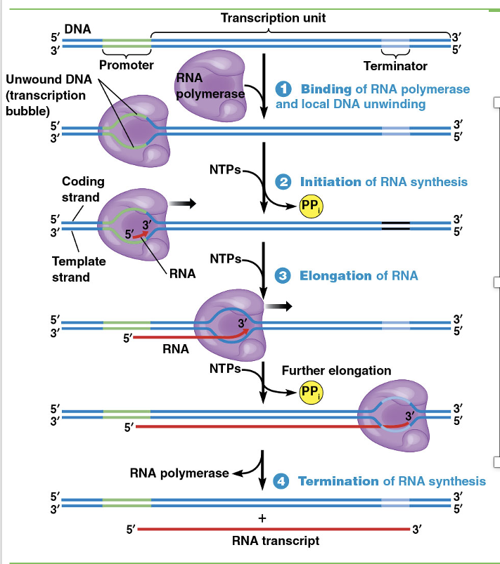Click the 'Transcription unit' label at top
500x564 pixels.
click(x=273, y=18)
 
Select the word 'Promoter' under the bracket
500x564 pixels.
click(x=127, y=66)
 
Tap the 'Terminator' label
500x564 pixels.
click(x=395, y=66)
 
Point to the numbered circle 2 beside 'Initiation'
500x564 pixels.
click(x=284, y=182)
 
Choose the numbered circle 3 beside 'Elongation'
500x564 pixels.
click(x=284, y=275)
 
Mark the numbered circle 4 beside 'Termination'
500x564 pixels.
click(x=282, y=481)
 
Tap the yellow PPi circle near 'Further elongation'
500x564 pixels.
click(x=310, y=392)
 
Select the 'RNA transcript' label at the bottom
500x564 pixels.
click(x=275, y=542)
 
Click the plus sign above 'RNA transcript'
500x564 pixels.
click(x=262, y=518)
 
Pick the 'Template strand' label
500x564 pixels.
click(x=79, y=269)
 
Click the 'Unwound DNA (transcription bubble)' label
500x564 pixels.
click(x=46, y=95)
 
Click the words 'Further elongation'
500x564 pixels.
click(x=336, y=370)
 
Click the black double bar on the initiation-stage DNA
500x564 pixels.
click(x=395, y=225)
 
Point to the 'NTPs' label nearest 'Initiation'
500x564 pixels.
click(x=225, y=170)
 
